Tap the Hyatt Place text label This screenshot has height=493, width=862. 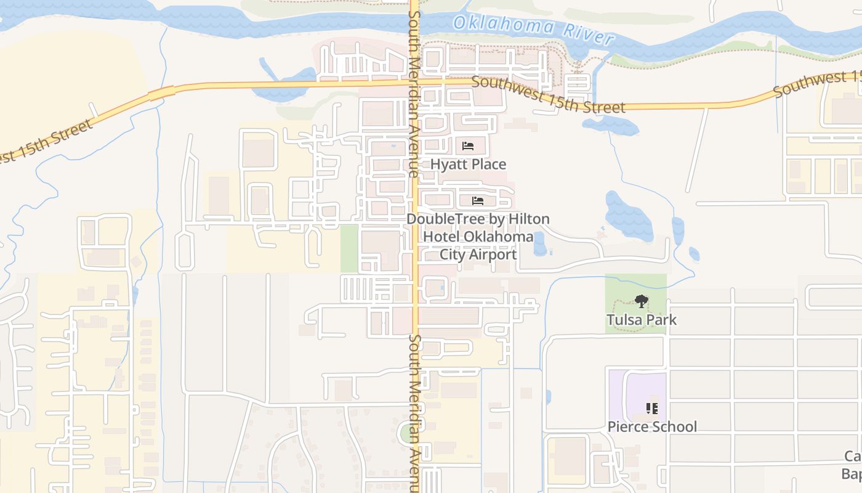pyautogui.click(x=468, y=165)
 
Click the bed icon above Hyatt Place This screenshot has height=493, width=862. pyautogui.click(x=468, y=146)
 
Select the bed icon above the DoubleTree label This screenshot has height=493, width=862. pyautogui.click(x=477, y=201)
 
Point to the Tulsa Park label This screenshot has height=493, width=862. pyautogui.click(x=641, y=320)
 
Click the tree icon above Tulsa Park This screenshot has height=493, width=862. pyautogui.click(x=641, y=301)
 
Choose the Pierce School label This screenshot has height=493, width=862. pyautogui.click(x=652, y=426)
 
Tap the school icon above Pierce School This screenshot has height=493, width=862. pyautogui.click(x=652, y=408)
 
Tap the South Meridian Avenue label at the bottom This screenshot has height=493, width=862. pyautogui.click(x=414, y=413)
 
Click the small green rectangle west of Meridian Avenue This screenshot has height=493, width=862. pyautogui.click(x=349, y=248)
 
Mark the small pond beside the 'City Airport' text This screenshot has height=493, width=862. pyautogui.click(x=539, y=244)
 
